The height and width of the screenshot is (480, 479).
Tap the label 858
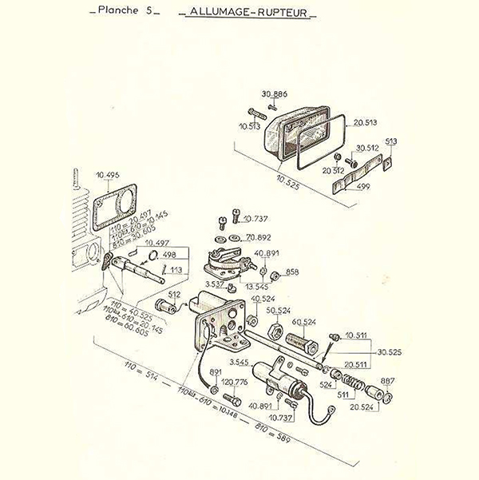[x=292, y=272]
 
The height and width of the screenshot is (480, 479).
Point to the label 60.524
[x=305, y=322]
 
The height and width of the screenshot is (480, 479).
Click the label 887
[x=387, y=381]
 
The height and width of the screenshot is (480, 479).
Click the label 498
[x=168, y=256]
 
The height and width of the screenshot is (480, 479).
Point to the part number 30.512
[x=366, y=147]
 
